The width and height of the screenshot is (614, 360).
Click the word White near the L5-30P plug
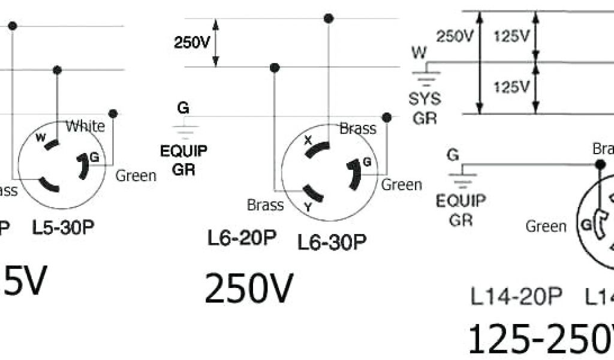[85, 126]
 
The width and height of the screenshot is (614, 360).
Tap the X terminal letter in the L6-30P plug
[309, 141]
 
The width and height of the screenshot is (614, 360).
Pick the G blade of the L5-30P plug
[83, 166]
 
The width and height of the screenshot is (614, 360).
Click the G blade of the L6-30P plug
[354, 173]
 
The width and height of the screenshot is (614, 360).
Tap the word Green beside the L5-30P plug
[136, 176]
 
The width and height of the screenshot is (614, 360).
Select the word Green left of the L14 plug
[546, 226]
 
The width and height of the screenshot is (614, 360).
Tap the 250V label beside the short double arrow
[192, 43]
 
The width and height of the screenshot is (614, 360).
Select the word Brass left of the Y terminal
[265, 205]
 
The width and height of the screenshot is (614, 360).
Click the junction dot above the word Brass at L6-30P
[387, 117]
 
